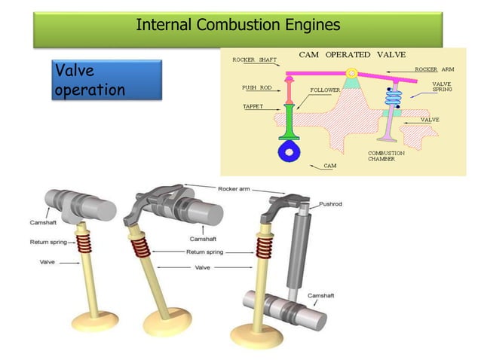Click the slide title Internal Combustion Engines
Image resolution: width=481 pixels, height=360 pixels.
click(x=237, y=25)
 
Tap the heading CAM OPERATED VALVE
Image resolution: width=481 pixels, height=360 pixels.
click(x=352, y=54)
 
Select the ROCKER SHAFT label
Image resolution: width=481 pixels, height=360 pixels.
click(x=254, y=59)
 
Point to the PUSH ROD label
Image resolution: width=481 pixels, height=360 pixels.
click(x=256, y=87)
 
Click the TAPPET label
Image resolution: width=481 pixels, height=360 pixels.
click(x=253, y=107)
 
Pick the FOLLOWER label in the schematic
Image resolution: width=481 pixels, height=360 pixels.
click(x=325, y=89)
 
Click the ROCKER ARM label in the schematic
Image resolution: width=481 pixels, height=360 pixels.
click(x=435, y=69)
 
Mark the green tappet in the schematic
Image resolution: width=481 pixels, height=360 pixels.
click(x=289, y=124)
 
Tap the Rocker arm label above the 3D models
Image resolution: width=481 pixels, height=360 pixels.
click(x=235, y=188)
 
